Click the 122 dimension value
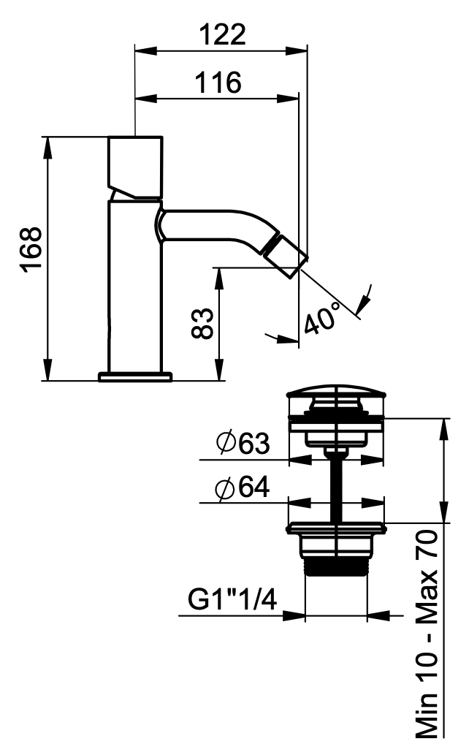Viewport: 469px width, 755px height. tap(223, 34)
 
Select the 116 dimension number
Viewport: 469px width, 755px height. tap(218, 83)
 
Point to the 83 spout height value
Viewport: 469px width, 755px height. tap(202, 323)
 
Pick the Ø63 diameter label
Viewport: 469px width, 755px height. tap(243, 443)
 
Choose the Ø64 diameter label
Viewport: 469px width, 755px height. tap(243, 488)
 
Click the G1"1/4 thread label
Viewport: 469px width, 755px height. tap(232, 600)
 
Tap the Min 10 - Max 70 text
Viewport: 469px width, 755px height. tap(427, 634)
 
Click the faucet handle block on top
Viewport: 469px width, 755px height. tap(134, 167)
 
